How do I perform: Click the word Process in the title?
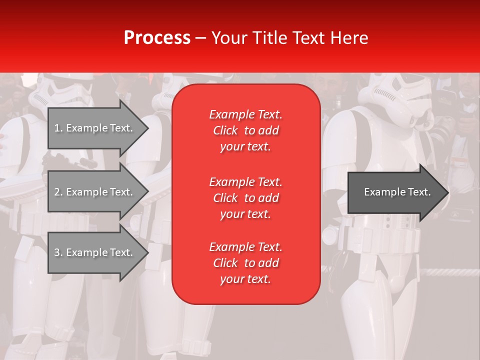[x=157, y=38]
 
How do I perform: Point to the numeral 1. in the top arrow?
[x=58, y=128]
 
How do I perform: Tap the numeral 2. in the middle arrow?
[x=58, y=192]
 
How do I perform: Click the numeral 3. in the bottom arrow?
[x=58, y=252]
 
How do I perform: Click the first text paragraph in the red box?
[x=245, y=130]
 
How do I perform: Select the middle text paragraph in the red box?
[x=245, y=198]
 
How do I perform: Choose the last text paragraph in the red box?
[x=245, y=263]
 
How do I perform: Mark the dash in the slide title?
[x=200, y=38]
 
